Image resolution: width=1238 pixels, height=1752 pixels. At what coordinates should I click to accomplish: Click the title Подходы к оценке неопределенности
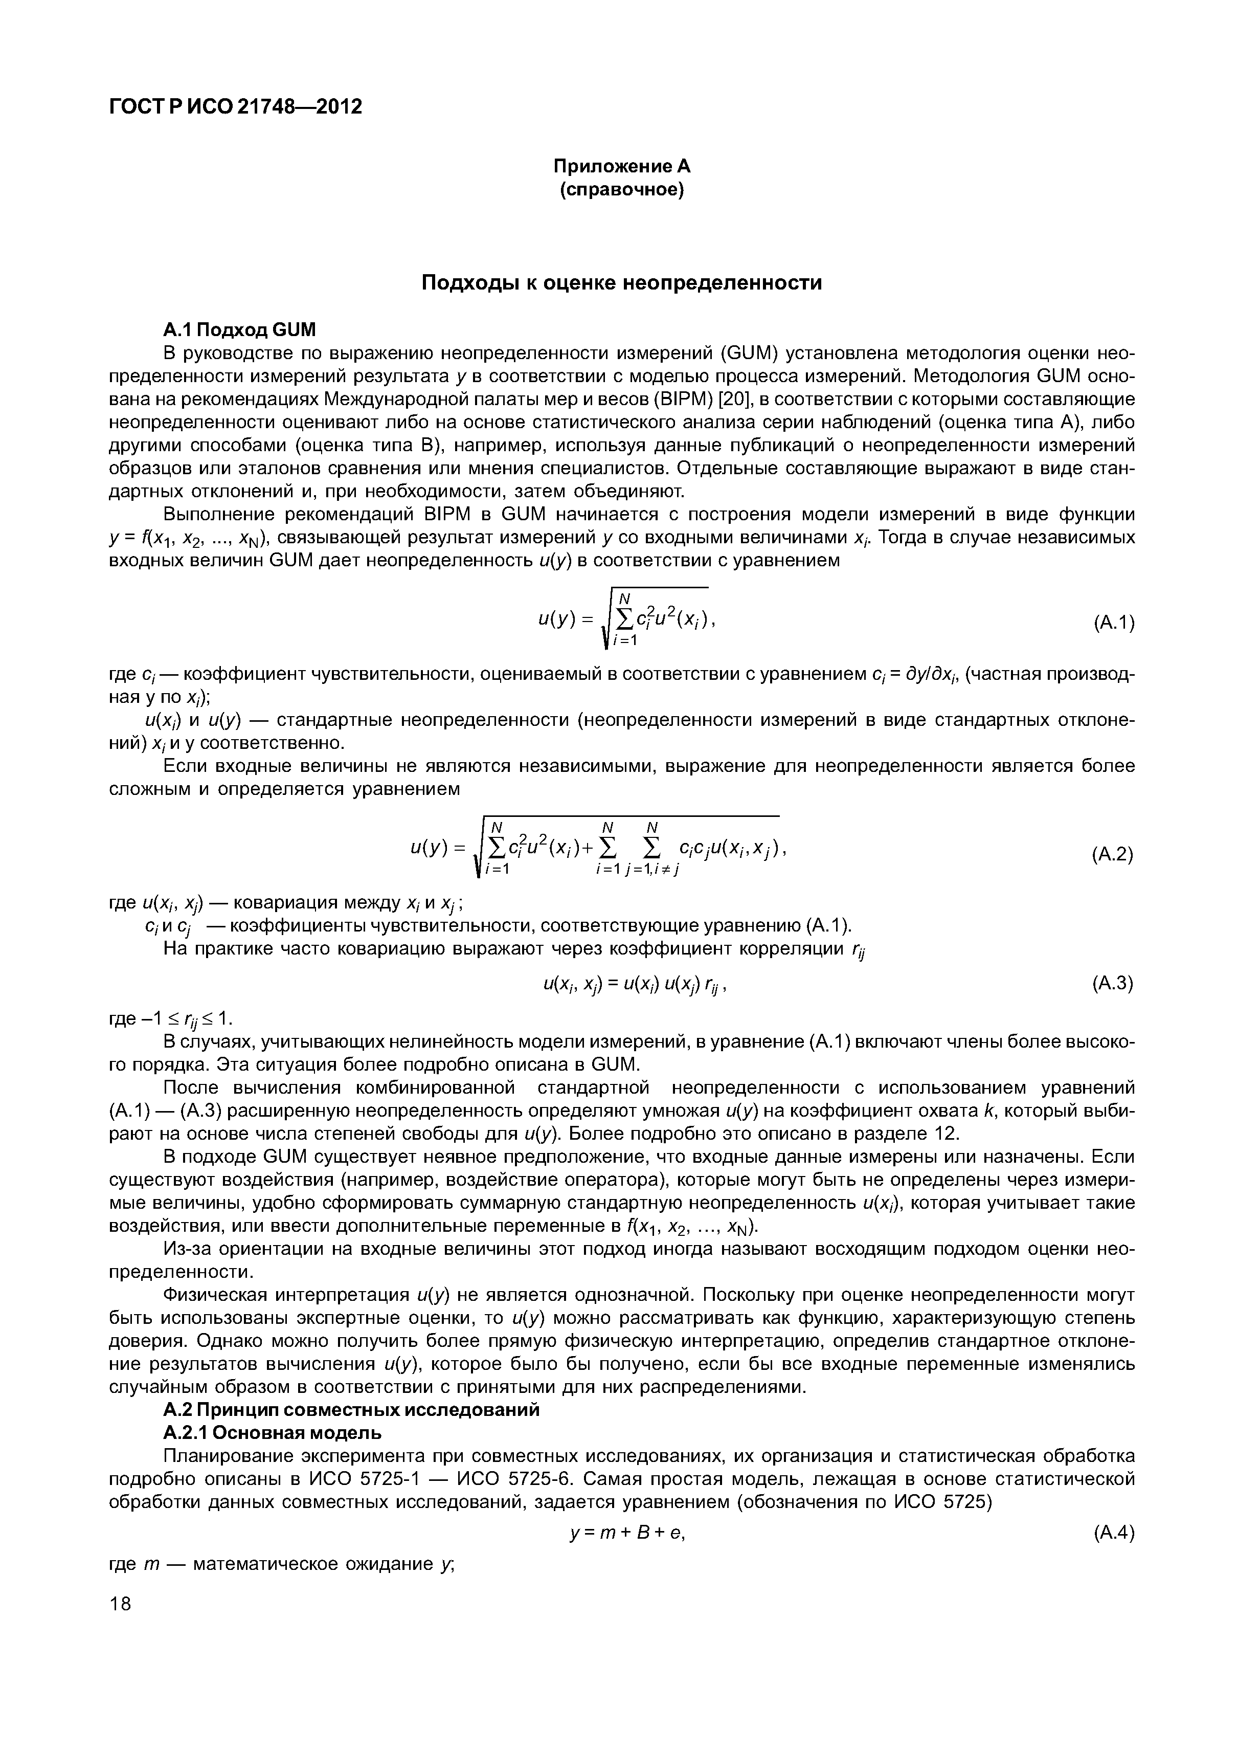pos(622,283)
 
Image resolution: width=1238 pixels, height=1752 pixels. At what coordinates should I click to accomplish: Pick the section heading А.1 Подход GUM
pos(239,329)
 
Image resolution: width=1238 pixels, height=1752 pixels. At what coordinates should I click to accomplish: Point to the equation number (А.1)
pos(1113,624)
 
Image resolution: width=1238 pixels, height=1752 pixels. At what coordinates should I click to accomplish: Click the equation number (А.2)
pos(1112,855)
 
